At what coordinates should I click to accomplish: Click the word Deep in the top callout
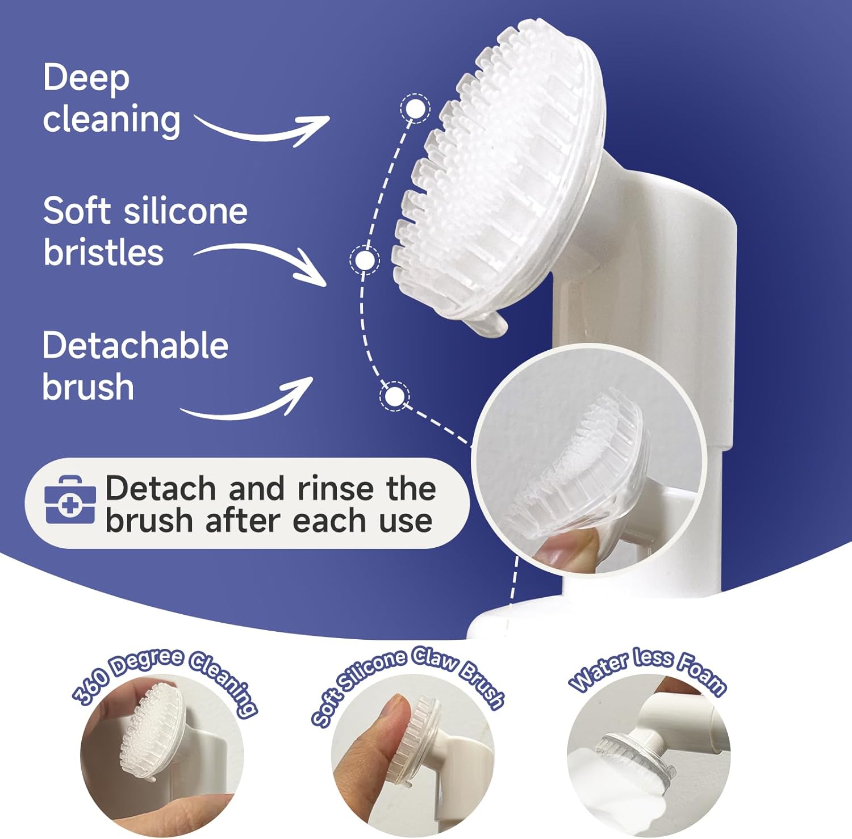coord(86,78)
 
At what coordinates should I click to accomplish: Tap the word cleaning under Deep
coord(111,120)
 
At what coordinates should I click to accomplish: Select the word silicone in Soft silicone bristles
coord(185,211)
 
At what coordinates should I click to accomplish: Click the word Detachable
coord(135,345)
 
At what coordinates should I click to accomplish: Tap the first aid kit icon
coord(70,500)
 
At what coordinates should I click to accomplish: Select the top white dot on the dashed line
coord(415,108)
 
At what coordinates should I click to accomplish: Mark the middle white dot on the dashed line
coord(364,259)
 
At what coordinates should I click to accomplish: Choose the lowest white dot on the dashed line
coord(394,396)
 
